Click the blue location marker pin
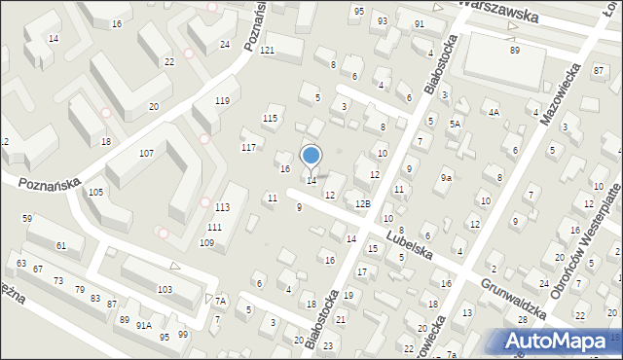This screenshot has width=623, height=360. pyautogui.click(x=311, y=157)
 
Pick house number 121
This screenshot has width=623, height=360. pyautogui.click(x=267, y=50)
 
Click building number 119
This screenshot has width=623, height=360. pyautogui.click(x=222, y=101)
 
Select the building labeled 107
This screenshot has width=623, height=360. pyautogui.click(x=146, y=154)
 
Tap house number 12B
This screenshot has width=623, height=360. pyautogui.click(x=362, y=203)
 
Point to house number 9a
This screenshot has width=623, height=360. pyautogui.click(x=446, y=178)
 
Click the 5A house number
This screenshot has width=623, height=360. pyautogui.click(x=455, y=125)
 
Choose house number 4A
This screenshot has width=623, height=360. pyautogui.click(x=494, y=113)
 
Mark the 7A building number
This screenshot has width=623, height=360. pyautogui.click(x=221, y=302)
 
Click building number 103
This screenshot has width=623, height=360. pyautogui.click(x=165, y=290)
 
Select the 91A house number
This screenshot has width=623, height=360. pyautogui.click(x=144, y=325)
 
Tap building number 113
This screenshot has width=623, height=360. pyautogui.click(x=223, y=207)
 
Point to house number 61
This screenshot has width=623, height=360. pyautogui.click(x=61, y=246)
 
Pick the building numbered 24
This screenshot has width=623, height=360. pyautogui.click(x=225, y=45)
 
